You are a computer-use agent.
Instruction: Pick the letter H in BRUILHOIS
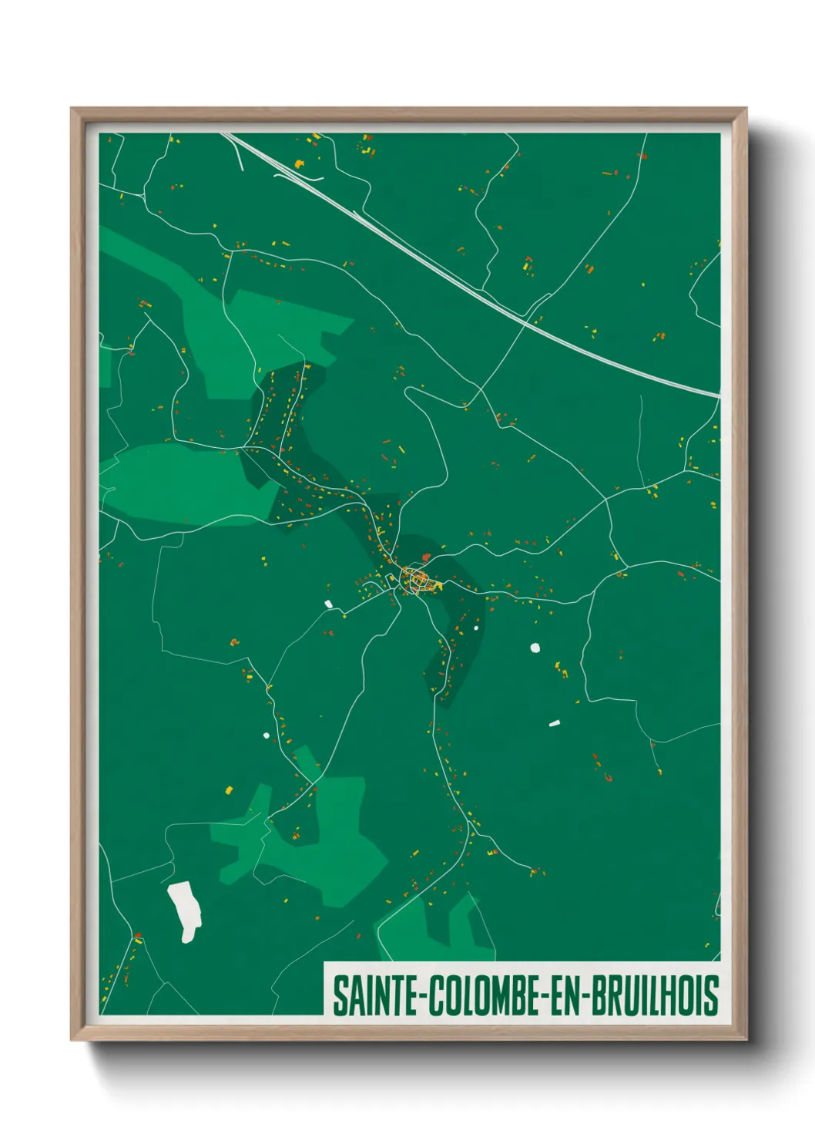click(674, 995)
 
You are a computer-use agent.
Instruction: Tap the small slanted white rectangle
click(554, 723)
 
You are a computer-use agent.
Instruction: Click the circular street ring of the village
click(417, 579)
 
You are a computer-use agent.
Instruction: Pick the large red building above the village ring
click(426, 557)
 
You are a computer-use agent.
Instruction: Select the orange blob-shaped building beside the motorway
click(299, 163)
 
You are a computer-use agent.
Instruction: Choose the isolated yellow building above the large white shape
click(228, 789)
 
